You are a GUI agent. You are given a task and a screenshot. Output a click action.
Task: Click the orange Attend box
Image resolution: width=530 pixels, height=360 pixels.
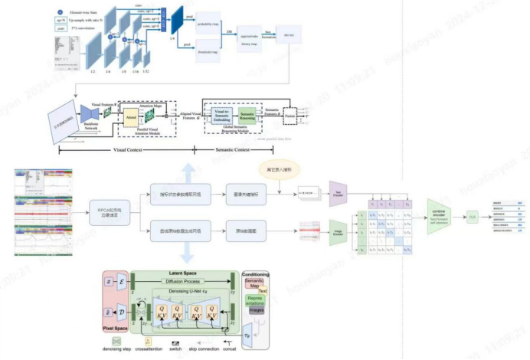[132, 116]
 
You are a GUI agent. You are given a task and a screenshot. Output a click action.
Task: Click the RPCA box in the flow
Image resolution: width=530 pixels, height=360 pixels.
[110, 210]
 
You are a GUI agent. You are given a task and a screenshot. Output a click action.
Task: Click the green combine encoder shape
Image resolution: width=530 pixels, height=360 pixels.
[440, 215]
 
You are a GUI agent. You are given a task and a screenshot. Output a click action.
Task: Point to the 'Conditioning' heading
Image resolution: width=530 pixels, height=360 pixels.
[255, 274]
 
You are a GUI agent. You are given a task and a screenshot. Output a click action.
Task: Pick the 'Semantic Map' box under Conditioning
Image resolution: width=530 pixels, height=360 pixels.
[254, 285]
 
